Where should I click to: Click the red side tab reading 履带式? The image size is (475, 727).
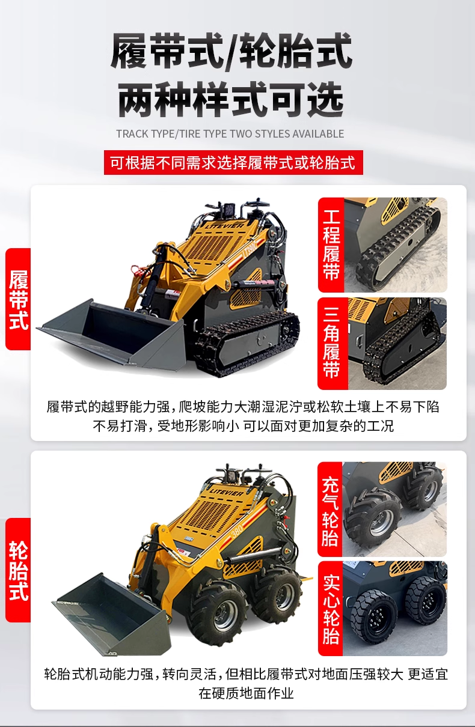tap(18, 299)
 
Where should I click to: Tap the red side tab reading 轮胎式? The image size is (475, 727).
tap(18, 570)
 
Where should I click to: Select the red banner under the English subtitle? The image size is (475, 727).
tap(233, 162)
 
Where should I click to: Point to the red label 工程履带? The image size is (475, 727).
tap(331, 245)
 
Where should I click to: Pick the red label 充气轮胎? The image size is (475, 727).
tap(330, 509)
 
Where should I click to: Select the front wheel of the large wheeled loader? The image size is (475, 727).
tap(216, 610)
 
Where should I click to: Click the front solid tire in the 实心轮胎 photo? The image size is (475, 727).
tap(374, 617)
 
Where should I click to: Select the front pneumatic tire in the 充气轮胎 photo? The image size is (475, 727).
tap(373, 519)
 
